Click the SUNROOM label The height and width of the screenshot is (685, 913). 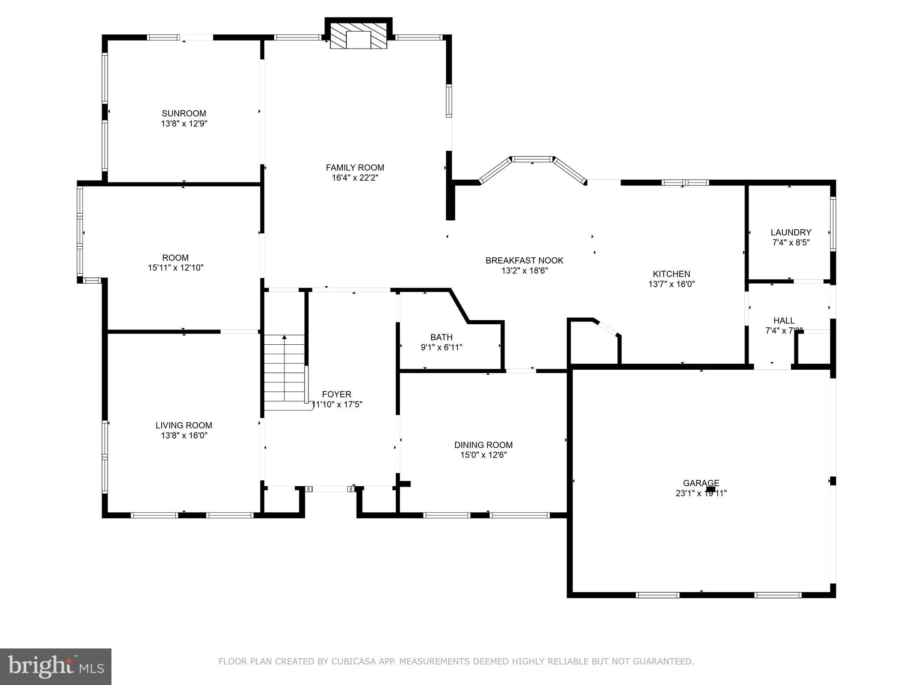pyautogui.click(x=184, y=113)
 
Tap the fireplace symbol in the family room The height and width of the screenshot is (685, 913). pyautogui.click(x=358, y=40)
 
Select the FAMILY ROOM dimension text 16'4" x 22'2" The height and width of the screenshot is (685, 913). pyautogui.click(x=355, y=177)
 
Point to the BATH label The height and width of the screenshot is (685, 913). pyautogui.click(x=441, y=337)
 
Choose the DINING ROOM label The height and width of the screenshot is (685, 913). pyautogui.click(x=483, y=445)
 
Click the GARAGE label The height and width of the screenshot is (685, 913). pyautogui.click(x=701, y=483)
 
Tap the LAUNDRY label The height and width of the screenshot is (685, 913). pyautogui.click(x=790, y=232)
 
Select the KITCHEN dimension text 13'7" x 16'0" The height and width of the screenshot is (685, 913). pyautogui.click(x=671, y=284)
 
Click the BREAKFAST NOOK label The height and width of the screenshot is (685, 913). pyautogui.click(x=524, y=260)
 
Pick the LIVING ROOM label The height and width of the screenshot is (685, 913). pyautogui.click(x=184, y=425)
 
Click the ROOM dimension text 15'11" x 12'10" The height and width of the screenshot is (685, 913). pyautogui.click(x=176, y=268)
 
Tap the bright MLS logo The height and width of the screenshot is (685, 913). pyautogui.click(x=55, y=666)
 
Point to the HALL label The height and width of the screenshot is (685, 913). pyautogui.click(x=784, y=320)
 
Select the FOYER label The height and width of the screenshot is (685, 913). pyautogui.click(x=337, y=394)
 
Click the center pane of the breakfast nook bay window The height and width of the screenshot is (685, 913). pyautogui.click(x=532, y=159)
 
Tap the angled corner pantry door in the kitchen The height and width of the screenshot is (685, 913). pyautogui.click(x=607, y=328)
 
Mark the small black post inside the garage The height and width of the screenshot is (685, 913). pyautogui.click(x=711, y=489)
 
